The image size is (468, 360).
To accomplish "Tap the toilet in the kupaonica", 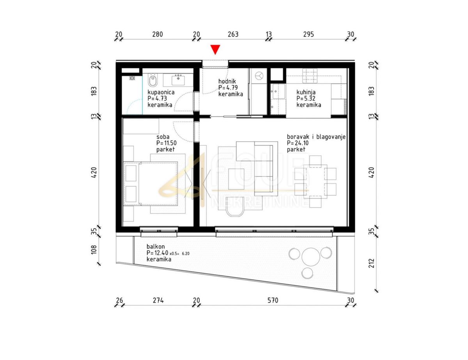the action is pyautogui.click(x=153, y=80).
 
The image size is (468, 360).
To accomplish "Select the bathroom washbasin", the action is pyautogui.click(x=178, y=80).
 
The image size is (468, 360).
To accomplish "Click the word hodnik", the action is pyautogui.click(x=227, y=81).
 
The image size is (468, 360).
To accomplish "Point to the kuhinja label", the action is pyautogui.click(x=306, y=92).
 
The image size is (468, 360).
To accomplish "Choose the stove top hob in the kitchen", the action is pyautogui.click(x=310, y=76).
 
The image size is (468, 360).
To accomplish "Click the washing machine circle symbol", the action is pyautogui.click(x=259, y=76).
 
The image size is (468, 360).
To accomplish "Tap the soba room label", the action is pyautogui.click(x=163, y=137).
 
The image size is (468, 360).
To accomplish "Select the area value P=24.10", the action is pyautogui.click(x=298, y=143).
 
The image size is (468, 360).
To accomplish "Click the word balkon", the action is pyautogui.click(x=156, y=247).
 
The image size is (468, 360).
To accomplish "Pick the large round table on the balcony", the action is pyautogui.click(x=311, y=257).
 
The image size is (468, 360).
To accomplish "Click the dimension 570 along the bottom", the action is pyautogui.click(x=273, y=300).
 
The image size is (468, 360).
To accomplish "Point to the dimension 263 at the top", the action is pyautogui.click(x=233, y=34).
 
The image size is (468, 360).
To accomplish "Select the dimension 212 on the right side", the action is pyautogui.click(x=372, y=263).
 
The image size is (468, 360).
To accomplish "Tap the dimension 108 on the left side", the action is pyautogui.click(x=94, y=249).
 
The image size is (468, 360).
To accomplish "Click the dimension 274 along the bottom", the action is pyautogui.click(x=158, y=300).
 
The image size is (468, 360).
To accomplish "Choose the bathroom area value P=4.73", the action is pyautogui.click(x=157, y=99).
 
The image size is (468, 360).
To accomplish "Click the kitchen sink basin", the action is pyautogui.click(x=279, y=91).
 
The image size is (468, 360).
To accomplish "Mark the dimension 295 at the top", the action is pyautogui.click(x=308, y=34).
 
